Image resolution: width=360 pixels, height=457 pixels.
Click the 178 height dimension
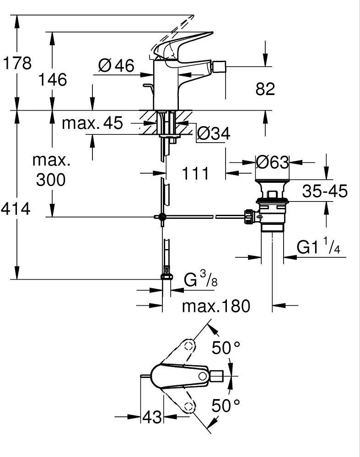[x=17, y=63]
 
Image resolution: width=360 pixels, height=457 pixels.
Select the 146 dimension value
[x=53, y=79]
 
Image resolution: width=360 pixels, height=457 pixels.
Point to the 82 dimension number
[x=265, y=89]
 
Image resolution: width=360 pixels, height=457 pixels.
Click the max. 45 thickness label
[x=92, y=123]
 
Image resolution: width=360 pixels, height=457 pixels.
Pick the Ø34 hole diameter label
[x=213, y=133]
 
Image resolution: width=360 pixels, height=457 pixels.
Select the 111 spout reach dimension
[x=195, y=173]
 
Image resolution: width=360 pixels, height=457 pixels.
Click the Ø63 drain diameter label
[x=272, y=162]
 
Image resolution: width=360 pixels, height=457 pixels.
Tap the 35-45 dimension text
[x=325, y=191]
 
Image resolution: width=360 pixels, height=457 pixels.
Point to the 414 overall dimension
[x=16, y=209]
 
